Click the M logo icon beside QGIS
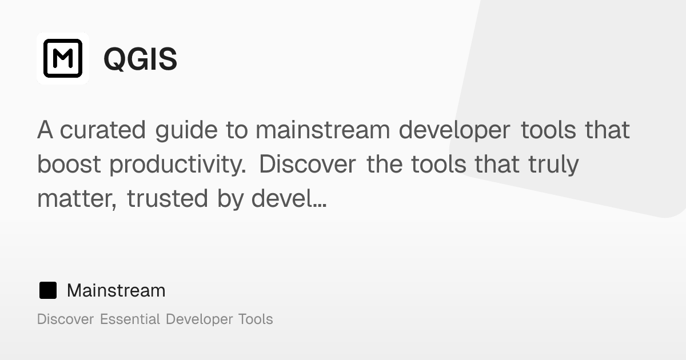coord(63,58)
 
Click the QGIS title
coord(140,59)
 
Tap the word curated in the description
coord(102,130)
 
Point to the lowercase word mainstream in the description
coord(323,130)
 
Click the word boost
coord(69,165)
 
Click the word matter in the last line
coord(77,199)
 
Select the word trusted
coord(167,198)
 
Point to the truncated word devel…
coord(289,198)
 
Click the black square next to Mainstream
coord(48,290)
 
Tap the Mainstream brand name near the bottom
coord(116,290)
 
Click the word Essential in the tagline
coord(130,319)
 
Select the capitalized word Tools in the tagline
coord(256,319)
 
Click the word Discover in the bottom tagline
coord(66,319)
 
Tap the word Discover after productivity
coord(308,165)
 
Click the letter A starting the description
coord(45,130)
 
